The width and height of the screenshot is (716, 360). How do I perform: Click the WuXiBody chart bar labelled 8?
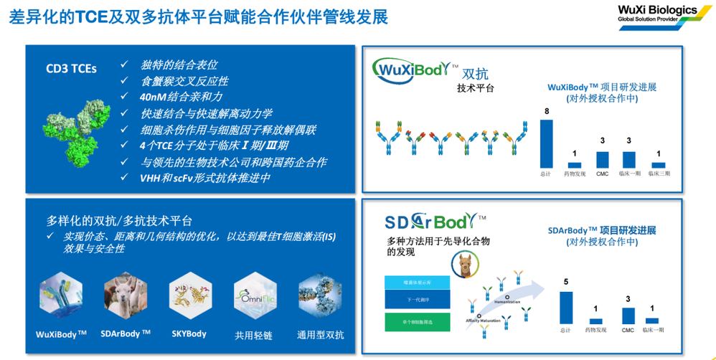[x=547, y=143]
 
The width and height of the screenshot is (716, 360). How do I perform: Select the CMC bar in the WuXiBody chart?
[x=603, y=159]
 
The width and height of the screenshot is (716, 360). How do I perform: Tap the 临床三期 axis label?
[x=658, y=174]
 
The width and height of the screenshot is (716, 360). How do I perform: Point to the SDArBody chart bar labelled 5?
[x=566, y=308]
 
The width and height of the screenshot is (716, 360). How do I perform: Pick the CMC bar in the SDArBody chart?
[x=628, y=316]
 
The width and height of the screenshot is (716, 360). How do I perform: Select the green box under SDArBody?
[x=416, y=321]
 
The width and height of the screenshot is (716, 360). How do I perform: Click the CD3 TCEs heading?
[x=71, y=69]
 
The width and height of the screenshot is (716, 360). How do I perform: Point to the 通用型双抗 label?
[x=321, y=334]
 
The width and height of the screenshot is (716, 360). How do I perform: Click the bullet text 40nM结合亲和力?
[x=182, y=97]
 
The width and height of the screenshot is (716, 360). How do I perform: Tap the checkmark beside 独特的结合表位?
[x=125, y=65]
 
